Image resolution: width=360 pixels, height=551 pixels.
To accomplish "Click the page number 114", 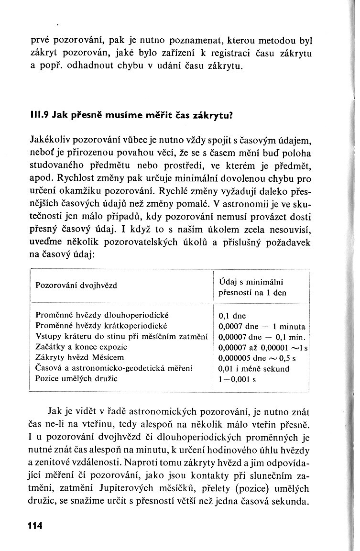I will [35, 526].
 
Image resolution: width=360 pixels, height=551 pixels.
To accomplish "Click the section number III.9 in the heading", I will [41, 115].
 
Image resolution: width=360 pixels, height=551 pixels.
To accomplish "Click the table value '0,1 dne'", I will [232, 316].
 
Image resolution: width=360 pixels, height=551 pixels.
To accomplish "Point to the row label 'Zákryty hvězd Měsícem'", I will [80, 357].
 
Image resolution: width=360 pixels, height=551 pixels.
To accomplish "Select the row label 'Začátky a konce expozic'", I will [82, 347].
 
